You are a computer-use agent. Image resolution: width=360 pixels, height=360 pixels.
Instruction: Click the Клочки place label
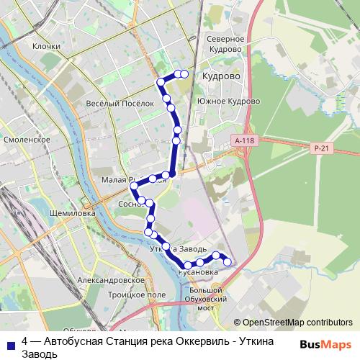tap(45, 45)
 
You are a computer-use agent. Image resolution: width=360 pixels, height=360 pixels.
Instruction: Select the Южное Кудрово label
tap(227, 102)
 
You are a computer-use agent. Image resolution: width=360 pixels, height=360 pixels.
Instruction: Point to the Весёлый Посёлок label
tap(120, 104)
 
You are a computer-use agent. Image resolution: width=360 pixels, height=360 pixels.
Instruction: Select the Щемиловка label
tap(65, 214)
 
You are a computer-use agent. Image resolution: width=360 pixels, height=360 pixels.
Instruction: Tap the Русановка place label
tap(197, 273)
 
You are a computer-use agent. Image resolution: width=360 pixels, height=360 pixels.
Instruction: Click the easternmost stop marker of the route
tap(228, 262)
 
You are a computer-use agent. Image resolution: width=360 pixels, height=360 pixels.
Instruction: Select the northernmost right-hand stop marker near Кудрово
tap(184, 74)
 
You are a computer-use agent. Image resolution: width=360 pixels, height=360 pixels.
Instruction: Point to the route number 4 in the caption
tap(25, 341)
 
